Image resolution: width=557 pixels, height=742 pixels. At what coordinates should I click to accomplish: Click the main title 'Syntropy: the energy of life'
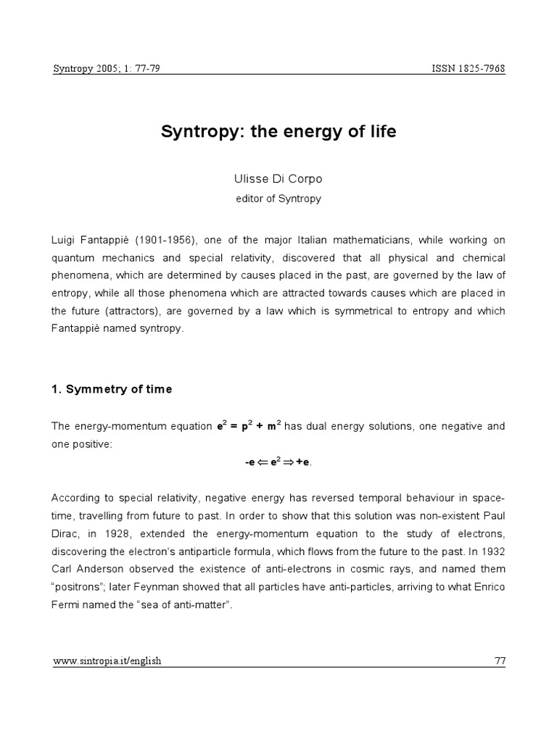[278, 133]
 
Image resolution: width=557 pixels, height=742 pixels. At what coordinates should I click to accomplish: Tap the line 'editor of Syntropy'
[278, 199]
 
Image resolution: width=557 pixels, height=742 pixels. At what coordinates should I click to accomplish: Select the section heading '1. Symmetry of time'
[112, 389]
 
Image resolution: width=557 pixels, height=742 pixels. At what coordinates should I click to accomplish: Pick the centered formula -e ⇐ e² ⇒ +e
[278, 462]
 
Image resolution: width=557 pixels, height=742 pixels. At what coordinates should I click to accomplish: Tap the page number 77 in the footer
[499, 661]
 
